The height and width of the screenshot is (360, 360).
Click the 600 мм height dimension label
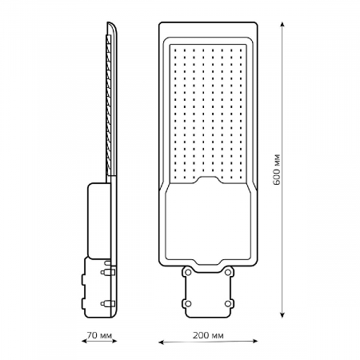[277, 170]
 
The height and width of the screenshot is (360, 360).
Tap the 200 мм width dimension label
[208, 335]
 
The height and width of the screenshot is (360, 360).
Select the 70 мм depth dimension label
[99, 335]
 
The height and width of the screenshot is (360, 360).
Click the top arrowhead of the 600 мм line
[282, 25]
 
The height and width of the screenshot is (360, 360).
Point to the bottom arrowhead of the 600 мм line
[282, 314]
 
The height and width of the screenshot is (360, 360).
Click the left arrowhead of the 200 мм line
[162, 342]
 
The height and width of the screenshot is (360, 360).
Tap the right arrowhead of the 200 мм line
[255, 341]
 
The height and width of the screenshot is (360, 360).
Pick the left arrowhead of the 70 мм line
[84, 341]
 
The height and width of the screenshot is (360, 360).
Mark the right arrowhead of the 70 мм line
[114, 341]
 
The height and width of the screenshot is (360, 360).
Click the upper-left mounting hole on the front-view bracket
[188, 272]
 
